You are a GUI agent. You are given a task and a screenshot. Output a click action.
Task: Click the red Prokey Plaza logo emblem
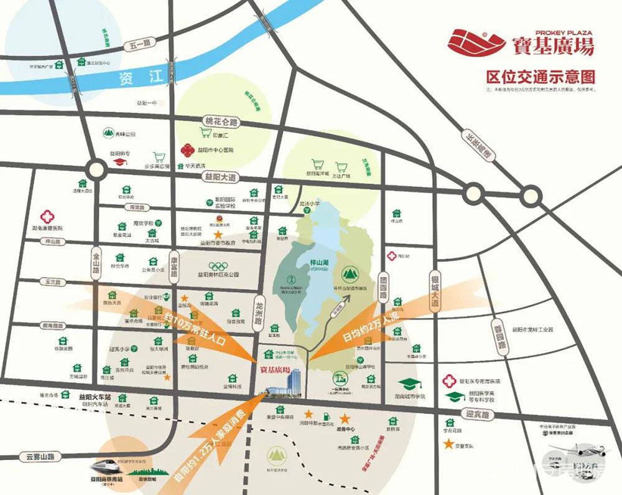476,42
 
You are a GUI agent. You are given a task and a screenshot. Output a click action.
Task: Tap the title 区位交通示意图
541,77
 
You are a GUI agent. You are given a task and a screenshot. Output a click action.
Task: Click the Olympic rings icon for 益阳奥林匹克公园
218,266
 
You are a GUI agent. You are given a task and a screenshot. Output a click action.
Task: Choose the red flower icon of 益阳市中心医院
187,151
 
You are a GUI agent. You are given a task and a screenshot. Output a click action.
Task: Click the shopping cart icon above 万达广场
341,167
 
